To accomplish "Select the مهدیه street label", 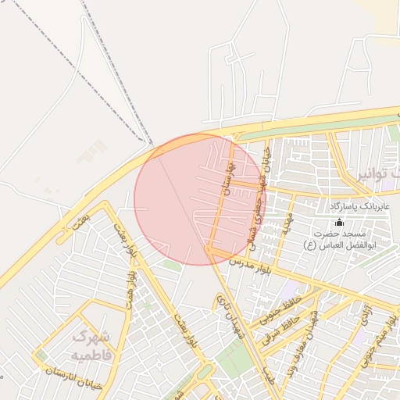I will (287, 223).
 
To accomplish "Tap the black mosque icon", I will (338, 221).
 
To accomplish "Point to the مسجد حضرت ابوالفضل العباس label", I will (344, 239).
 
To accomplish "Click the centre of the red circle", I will (199, 199).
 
